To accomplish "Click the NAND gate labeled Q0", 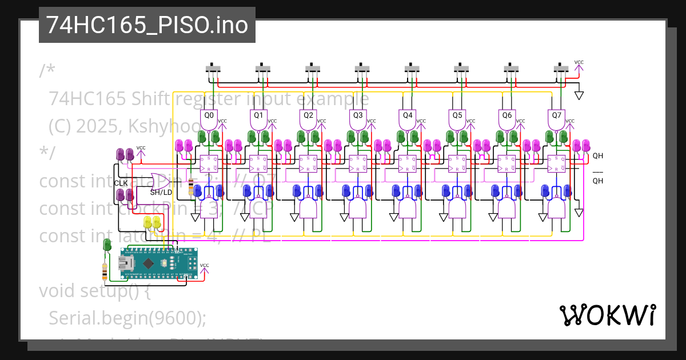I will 209,118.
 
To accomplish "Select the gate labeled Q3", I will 358,118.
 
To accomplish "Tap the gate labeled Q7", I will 556,118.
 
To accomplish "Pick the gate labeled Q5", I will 457,118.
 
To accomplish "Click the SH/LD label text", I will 161,193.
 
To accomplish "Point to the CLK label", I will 121,183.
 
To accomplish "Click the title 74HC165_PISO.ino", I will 146,26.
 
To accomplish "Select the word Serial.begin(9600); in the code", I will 127,318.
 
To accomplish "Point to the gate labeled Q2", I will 309,118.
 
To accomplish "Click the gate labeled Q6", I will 507,118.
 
